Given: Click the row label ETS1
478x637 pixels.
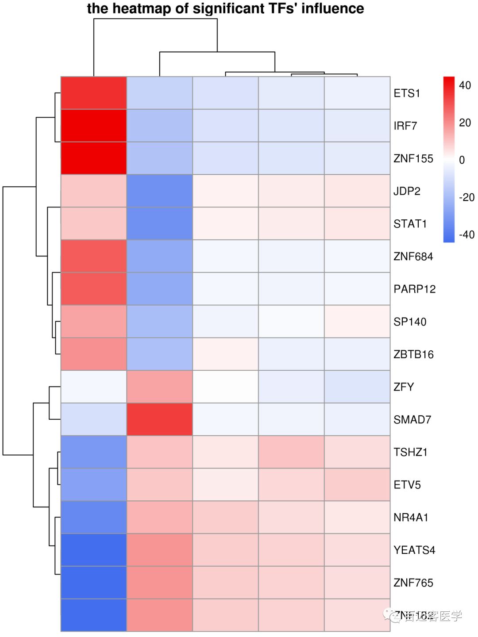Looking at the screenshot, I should (x=406, y=93).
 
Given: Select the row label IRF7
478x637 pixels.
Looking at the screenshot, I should (x=405, y=126).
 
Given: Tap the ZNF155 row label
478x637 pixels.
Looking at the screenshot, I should (x=413, y=158).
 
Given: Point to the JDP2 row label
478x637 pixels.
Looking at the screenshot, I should (x=406, y=191).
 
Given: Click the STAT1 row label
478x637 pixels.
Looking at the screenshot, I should (x=410, y=224).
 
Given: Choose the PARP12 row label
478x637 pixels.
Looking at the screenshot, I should (x=414, y=289).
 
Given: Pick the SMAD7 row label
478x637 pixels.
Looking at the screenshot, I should (x=412, y=419).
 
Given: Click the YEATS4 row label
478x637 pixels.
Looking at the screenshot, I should (x=414, y=550).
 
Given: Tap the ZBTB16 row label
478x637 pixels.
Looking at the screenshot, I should (x=413, y=354).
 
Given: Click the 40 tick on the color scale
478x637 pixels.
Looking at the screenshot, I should (x=465, y=85).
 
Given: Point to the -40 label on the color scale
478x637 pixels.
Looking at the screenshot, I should (x=466, y=234).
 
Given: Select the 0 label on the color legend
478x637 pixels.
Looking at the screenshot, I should (x=462, y=160).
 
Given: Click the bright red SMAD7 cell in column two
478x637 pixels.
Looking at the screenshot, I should (x=159, y=419).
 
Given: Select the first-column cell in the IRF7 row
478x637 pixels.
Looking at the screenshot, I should (x=94, y=126).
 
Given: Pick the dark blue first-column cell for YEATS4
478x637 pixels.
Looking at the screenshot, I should (x=94, y=550).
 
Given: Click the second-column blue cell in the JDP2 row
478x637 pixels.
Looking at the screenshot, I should (x=159, y=191).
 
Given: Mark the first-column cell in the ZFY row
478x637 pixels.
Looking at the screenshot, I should (x=94, y=387).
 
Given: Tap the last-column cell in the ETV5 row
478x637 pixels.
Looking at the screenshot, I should (x=357, y=485).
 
